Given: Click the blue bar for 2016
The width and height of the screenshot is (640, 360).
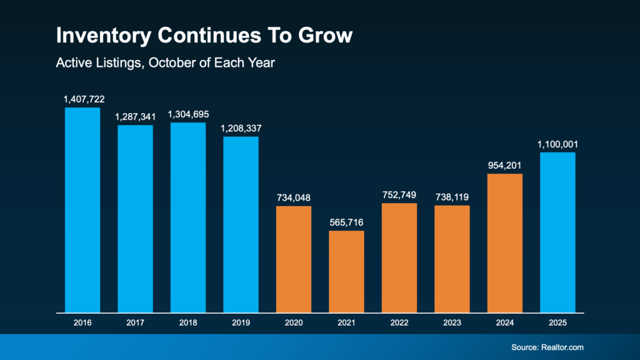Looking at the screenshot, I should coord(82,210).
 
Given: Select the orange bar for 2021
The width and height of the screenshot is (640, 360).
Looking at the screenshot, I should coord(346,271).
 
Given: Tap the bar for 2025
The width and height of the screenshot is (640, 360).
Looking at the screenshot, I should coord(557,232).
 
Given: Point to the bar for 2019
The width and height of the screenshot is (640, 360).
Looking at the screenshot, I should coord(241,224).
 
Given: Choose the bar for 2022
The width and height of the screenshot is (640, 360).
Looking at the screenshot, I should coord(399,257).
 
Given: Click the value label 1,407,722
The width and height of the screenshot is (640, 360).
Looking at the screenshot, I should coord(82,99).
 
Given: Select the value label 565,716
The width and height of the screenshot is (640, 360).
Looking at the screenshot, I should coord(346,222).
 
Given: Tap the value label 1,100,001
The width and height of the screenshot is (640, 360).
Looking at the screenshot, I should coord(557,144).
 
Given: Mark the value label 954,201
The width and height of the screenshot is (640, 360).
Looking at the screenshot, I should coord(505,166).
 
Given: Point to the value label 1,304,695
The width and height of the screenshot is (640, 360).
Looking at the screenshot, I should coord(188,114).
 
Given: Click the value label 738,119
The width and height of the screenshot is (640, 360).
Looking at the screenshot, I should coord(452,197).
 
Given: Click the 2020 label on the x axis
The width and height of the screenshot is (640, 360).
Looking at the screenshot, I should coord(294,323).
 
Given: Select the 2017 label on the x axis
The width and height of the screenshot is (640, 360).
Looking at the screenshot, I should coord(136,323).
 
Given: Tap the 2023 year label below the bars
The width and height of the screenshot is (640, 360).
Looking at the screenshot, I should coord(452,323).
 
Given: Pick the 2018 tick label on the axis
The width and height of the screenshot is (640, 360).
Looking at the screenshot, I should coord(188,323).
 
